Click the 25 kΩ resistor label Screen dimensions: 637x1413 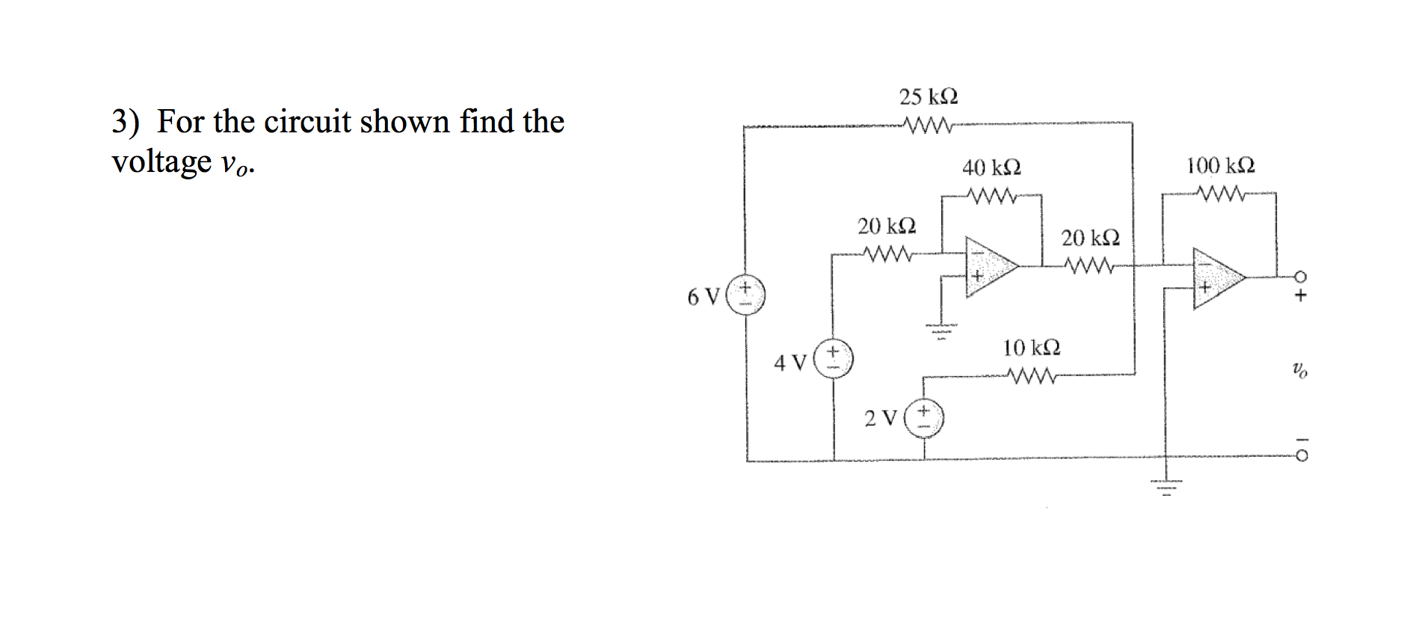928,98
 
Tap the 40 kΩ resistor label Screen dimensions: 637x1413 991,167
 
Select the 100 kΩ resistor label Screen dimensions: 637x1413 1221,165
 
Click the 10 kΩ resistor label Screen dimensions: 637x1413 1031,348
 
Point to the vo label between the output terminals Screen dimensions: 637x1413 1300,369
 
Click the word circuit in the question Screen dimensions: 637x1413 307,121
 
